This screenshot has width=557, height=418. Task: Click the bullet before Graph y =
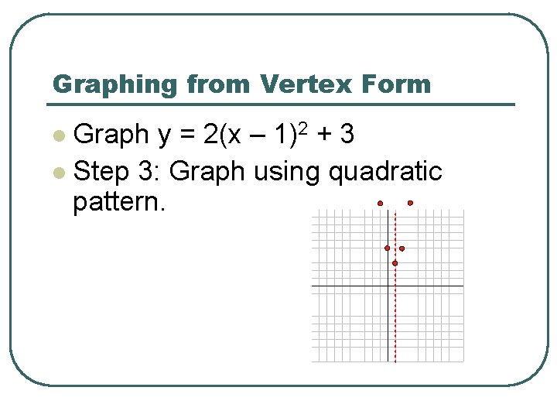point(57,136)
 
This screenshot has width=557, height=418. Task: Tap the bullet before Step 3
point(57,171)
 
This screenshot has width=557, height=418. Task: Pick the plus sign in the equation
point(325,135)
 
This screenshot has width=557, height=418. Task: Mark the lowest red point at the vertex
point(395,263)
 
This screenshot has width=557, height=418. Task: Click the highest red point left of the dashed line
point(380,203)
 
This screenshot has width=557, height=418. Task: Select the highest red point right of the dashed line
point(410,203)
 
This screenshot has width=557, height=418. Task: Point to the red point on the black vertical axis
point(388,248)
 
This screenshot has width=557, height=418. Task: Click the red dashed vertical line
point(395,325)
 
